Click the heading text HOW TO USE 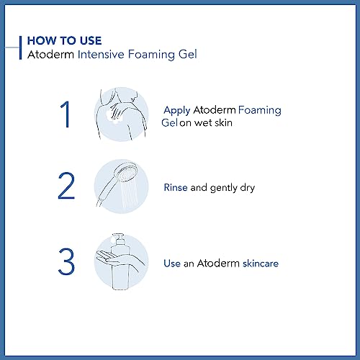click(64, 40)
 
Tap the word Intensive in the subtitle click(101, 54)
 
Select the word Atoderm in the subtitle click(50, 54)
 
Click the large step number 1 click(65, 114)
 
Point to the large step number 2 click(66, 186)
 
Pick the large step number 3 click(66, 261)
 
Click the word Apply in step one click(177, 111)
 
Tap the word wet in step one click(203, 123)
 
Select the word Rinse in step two click(176, 187)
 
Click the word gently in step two click(223, 188)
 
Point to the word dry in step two click(248, 188)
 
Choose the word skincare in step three click(261, 264)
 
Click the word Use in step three click(172, 264)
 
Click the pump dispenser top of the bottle click(119, 238)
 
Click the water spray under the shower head click(129, 194)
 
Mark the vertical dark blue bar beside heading click(20, 48)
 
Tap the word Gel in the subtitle click(188, 54)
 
